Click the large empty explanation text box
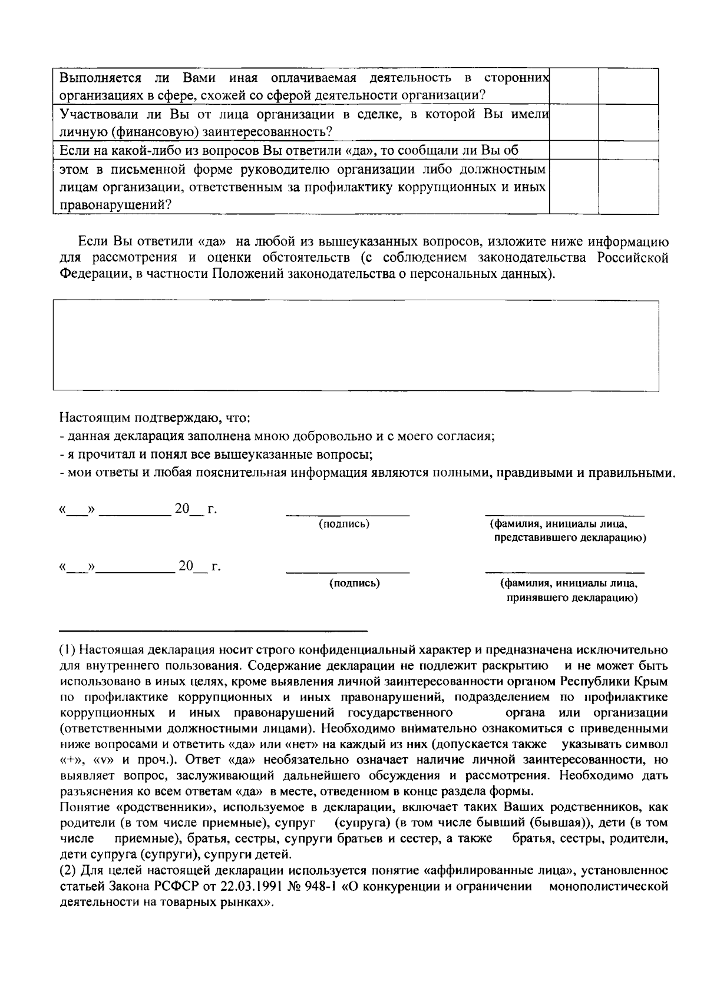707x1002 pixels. pyautogui.click(x=356, y=345)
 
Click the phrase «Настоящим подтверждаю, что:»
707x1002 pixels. pyautogui.click(x=155, y=419)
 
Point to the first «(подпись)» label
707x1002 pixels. pyautogui.click(x=344, y=523)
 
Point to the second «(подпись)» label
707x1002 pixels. pyautogui.click(x=353, y=583)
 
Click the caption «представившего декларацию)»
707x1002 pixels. pyautogui.click(x=570, y=538)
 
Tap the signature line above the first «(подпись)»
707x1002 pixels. pyautogui.click(x=348, y=515)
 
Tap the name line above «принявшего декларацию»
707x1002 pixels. pyautogui.click(x=564, y=572)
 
